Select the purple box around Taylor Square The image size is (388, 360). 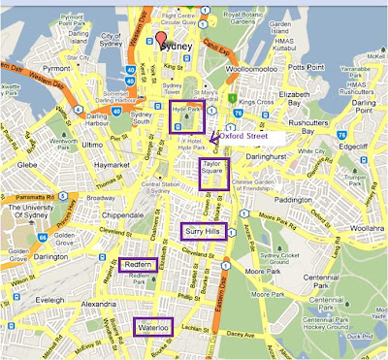pyautogui.click(x=214, y=174)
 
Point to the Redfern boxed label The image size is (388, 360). pyautogui.click(x=139, y=265)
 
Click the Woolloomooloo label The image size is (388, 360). pyautogui.click(x=258, y=71)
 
